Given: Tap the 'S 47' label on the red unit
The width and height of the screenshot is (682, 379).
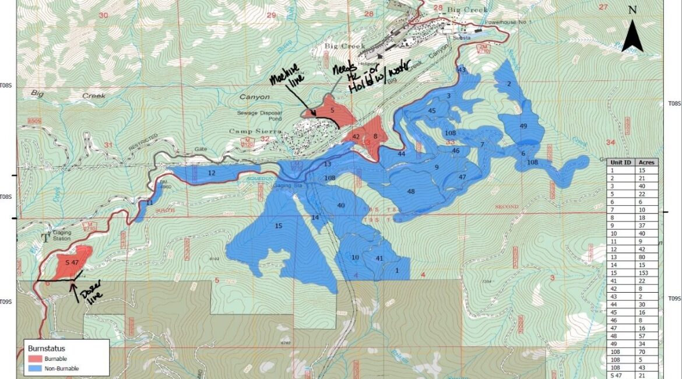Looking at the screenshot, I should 72,263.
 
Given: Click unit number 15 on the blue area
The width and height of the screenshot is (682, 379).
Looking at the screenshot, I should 279,226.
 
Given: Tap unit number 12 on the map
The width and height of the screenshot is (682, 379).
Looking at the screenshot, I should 211,173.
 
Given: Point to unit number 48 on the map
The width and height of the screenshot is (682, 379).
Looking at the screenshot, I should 411,191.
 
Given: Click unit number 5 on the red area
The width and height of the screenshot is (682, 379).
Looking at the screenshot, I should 332,110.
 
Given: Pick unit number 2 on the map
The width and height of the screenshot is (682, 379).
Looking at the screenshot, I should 509,84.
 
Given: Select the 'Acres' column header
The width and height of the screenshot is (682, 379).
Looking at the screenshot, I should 646,162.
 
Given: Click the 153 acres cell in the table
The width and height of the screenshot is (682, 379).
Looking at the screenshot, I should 646,273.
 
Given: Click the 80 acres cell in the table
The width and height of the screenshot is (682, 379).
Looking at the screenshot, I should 646,257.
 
